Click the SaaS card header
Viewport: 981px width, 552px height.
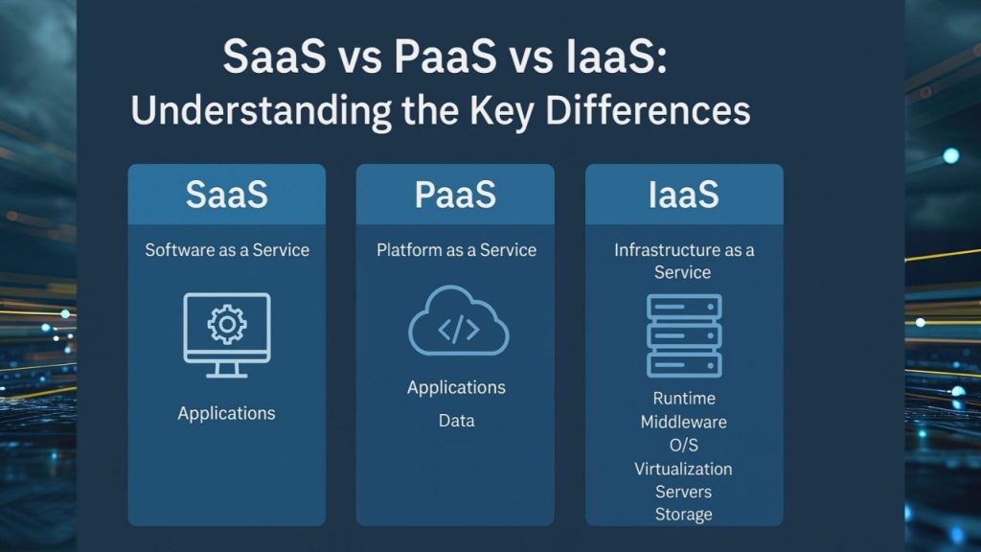click(x=227, y=195)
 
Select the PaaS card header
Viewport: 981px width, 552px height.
click(x=455, y=195)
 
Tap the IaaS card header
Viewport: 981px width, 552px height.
click(x=683, y=195)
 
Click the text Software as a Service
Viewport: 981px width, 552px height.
click(x=227, y=250)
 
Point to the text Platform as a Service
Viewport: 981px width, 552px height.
click(x=456, y=250)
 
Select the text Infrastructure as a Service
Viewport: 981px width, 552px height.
click(x=683, y=261)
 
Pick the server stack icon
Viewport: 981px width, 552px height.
click(x=684, y=334)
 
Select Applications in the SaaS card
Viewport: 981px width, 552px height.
click(x=226, y=414)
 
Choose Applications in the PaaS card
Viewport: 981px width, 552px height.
click(x=456, y=388)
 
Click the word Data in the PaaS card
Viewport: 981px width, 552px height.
click(x=456, y=421)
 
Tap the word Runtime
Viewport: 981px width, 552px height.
click(x=684, y=399)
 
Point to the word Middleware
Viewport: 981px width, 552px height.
click(x=684, y=422)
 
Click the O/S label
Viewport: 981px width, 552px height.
click(x=684, y=446)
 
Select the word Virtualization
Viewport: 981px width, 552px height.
click(x=683, y=469)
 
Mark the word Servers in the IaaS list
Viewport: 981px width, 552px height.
click(x=683, y=492)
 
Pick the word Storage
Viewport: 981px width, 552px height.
click(x=683, y=515)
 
